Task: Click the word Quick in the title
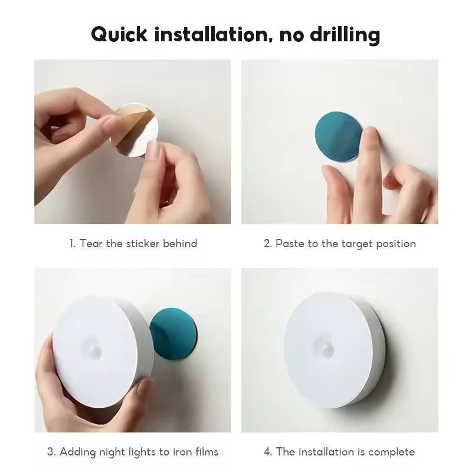click(120, 35)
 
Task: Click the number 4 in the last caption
click(267, 452)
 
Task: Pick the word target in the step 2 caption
click(352, 243)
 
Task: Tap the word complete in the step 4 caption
click(392, 452)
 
